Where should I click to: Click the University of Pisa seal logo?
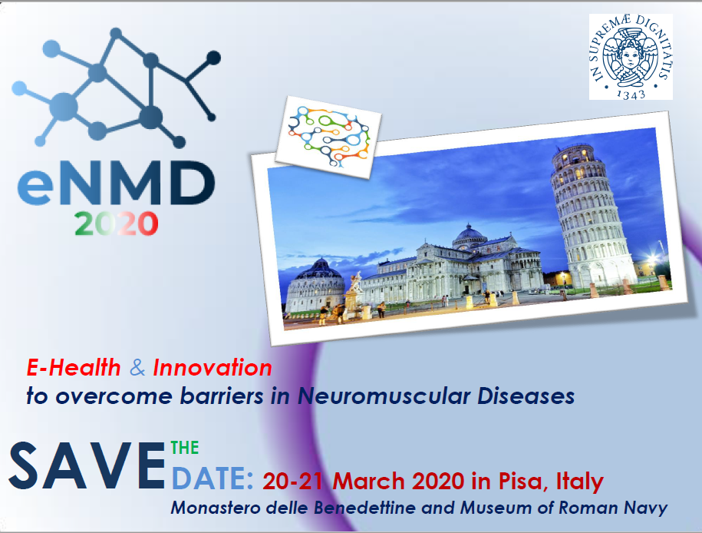(631, 57)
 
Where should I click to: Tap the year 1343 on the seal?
(631, 93)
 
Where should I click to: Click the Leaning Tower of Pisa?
(591, 216)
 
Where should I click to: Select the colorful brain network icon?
(328, 136)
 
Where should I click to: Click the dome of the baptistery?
(319, 270)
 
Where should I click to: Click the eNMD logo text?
(117, 183)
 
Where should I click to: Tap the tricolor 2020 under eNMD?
(117, 223)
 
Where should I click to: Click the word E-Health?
(74, 368)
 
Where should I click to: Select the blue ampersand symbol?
(137, 368)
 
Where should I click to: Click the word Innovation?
(213, 368)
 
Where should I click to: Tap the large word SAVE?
(87, 465)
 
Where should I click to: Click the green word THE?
(185, 448)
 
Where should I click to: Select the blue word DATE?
(213, 478)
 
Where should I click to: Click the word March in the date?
(368, 482)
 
